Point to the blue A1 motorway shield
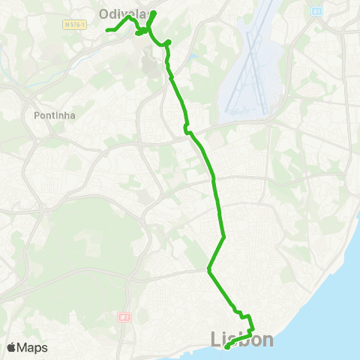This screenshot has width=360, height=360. coord(317,11)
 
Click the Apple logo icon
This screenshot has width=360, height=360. coord(12,347)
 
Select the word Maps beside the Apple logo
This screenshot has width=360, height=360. coord(32,347)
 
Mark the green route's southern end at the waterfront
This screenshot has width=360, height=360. coord(226,346)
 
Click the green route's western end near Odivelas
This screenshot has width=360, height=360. coord(107,30)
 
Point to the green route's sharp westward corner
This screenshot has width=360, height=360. coord(208,269)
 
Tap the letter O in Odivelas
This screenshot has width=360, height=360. coord(105,12)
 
